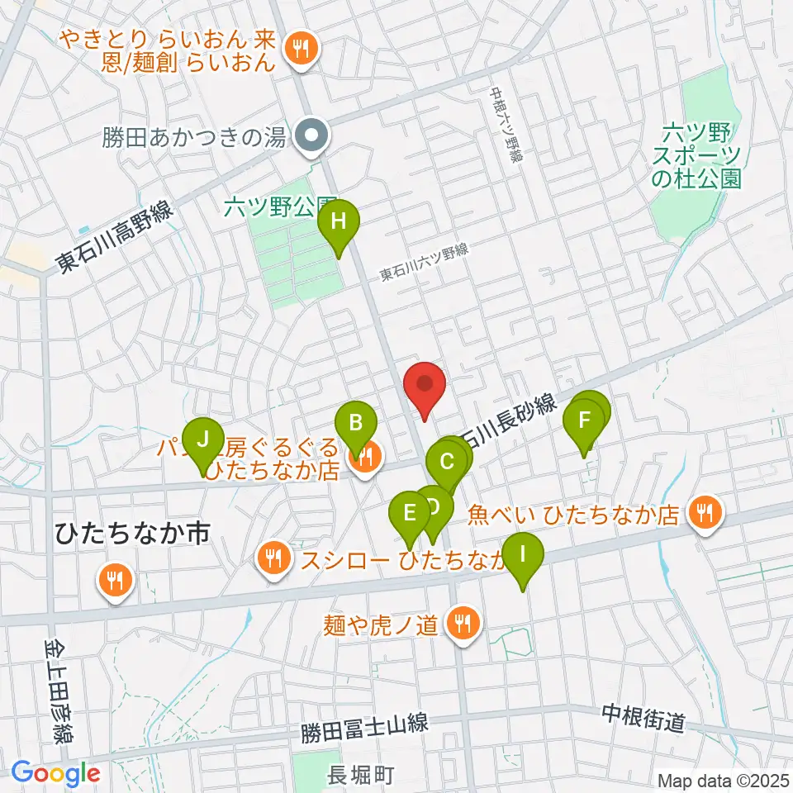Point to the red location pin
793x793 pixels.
[425, 387]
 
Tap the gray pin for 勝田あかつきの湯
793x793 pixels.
[313, 135]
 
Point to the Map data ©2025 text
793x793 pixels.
[724, 780]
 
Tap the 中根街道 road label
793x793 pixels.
[643, 719]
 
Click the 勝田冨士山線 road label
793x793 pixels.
[363, 727]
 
